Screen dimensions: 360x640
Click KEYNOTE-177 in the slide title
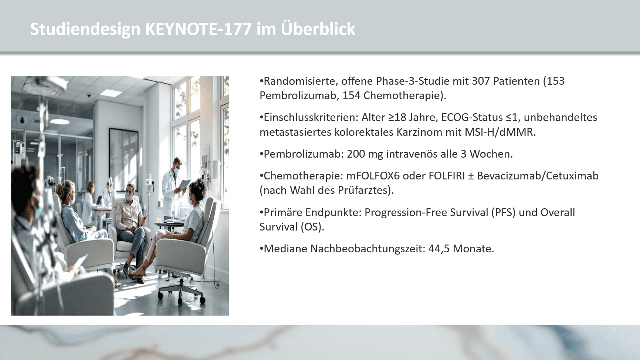[x=199, y=29]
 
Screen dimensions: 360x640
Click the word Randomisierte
[x=300, y=81]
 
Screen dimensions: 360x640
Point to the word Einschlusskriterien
[x=311, y=118]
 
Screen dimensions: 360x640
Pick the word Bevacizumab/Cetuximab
[x=538, y=176]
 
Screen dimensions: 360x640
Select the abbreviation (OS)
[x=312, y=227]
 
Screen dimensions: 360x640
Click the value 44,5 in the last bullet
[x=439, y=249]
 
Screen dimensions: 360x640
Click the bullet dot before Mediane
[x=261, y=249]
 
